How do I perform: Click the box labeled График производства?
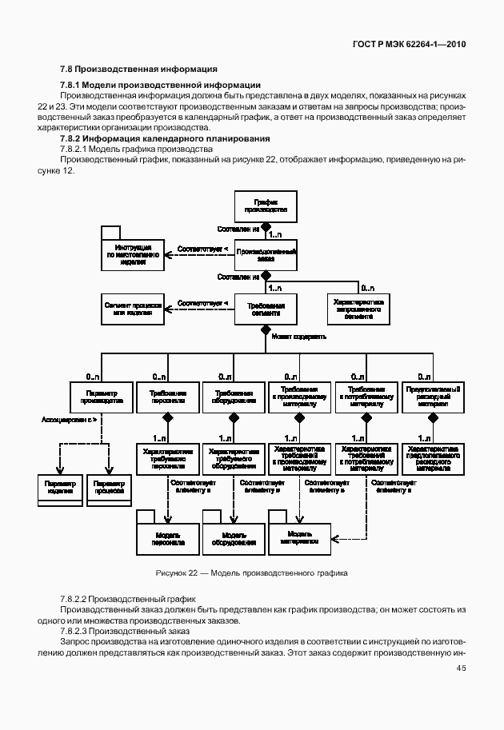[x=266, y=206]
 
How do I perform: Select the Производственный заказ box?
[x=266, y=254]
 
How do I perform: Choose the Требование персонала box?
[x=168, y=397]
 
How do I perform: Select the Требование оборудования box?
[x=234, y=397]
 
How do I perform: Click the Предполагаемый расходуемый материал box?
[x=433, y=397]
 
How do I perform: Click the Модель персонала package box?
[x=168, y=537]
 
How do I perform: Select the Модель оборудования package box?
[x=234, y=537]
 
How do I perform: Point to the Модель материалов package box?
[x=299, y=537]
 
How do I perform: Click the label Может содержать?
[x=298, y=337]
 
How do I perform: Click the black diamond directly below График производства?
[x=266, y=228]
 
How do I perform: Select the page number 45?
[x=461, y=668]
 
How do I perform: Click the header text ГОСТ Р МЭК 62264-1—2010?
[x=410, y=44]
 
